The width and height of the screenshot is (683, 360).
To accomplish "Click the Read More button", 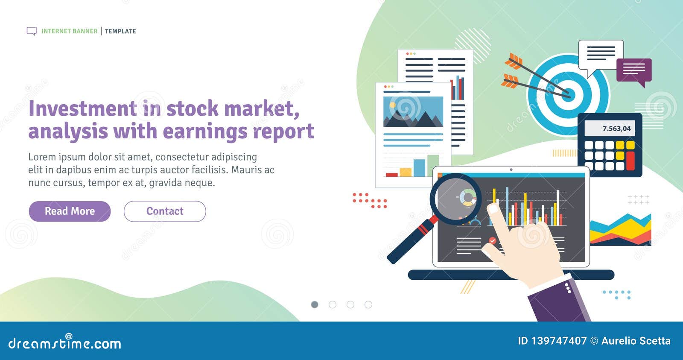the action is [x=70, y=211].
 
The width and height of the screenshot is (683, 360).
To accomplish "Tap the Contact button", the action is [x=165, y=211].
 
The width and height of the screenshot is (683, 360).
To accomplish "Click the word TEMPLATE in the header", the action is [x=120, y=31].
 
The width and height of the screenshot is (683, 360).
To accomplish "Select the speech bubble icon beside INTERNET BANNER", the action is [x=32, y=31].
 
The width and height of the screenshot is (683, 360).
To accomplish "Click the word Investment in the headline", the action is [x=83, y=108].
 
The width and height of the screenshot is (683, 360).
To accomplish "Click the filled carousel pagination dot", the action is [x=315, y=304].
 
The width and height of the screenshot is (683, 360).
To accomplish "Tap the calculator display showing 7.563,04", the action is [x=610, y=129].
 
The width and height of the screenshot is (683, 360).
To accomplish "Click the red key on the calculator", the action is [x=630, y=161].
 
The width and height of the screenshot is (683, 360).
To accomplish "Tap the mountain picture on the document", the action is [x=413, y=111].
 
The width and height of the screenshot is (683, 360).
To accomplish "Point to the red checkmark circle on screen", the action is [x=492, y=241].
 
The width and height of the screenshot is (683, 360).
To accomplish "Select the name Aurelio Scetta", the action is [x=636, y=341].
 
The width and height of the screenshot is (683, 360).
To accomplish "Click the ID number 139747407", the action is [x=559, y=341].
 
